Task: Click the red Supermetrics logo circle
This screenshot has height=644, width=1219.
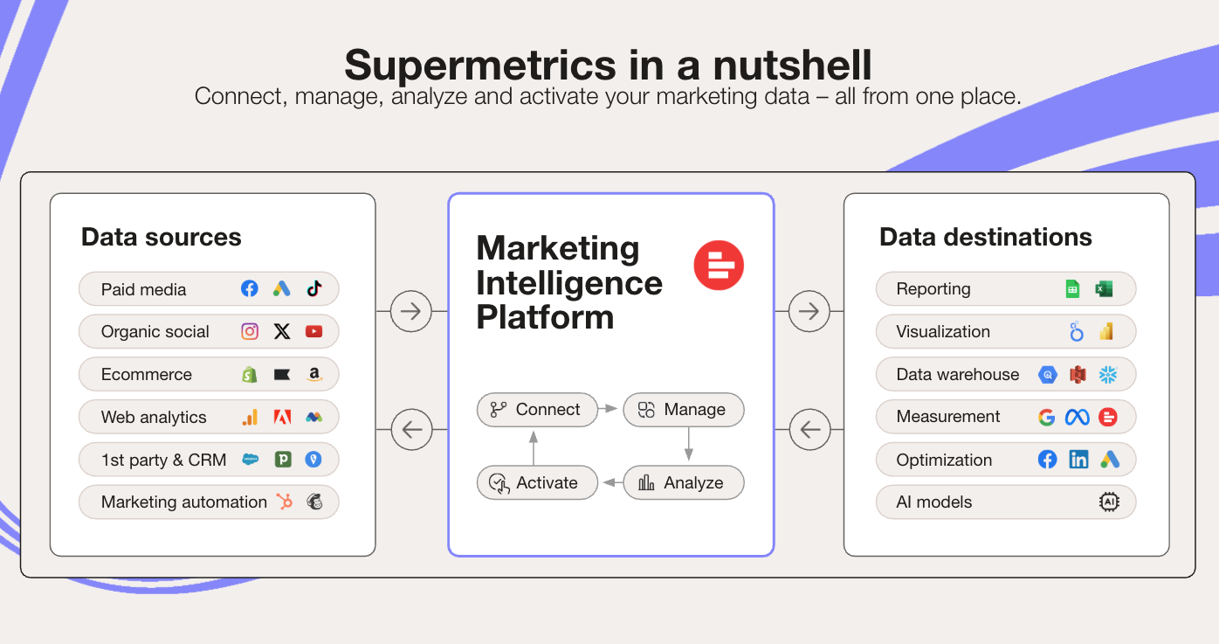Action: tap(719, 266)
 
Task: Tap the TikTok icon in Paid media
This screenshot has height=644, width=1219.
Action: tap(314, 289)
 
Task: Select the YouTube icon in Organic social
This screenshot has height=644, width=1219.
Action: tap(314, 332)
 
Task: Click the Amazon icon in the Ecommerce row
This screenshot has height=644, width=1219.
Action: tap(314, 374)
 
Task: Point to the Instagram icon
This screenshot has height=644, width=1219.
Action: tap(250, 332)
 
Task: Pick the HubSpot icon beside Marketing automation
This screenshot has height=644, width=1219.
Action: tap(284, 502)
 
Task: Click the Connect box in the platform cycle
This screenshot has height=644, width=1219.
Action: tap(536, 410)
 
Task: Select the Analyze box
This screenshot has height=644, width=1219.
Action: tap(683, 482)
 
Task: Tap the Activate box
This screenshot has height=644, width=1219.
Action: tap(536, 482)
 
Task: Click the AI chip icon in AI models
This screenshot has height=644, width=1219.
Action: tap(1109, 502)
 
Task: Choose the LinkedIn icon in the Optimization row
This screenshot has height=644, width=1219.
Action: tap(1078, 460)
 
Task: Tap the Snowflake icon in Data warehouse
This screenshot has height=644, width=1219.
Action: tap(1108, 375)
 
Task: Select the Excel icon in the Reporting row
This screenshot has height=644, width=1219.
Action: tap(1105, 289)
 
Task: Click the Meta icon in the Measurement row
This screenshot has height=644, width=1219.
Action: tap(1077, 418)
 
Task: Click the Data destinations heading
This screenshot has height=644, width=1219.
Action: tap(985, 237)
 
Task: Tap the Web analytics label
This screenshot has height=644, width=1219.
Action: tap(154, 418)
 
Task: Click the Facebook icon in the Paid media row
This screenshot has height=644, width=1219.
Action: tap(250, 289)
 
